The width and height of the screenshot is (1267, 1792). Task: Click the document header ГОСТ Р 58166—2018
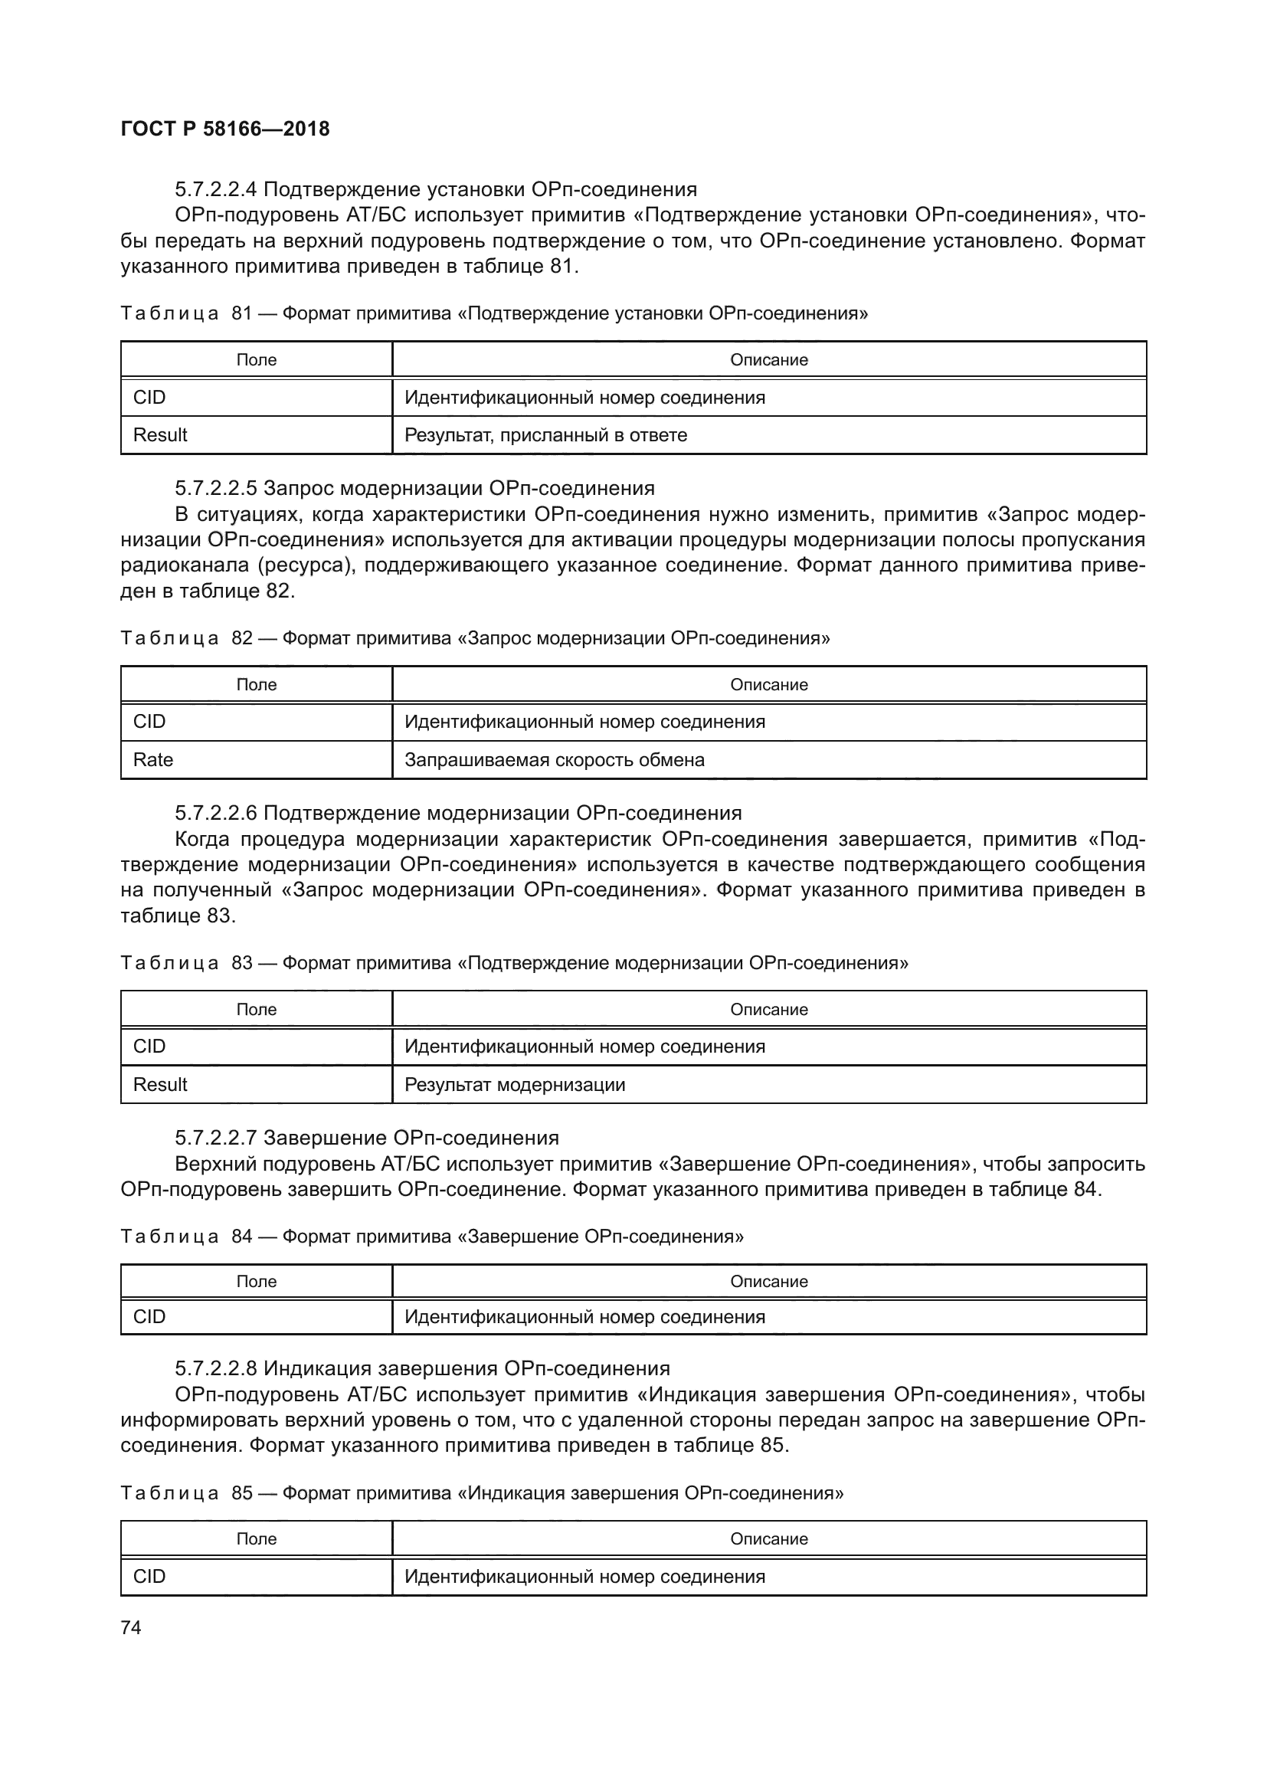point(225,129)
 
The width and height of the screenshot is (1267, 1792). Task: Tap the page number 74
point(131,1627)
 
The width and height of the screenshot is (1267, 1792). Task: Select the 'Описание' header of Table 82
point(768,684)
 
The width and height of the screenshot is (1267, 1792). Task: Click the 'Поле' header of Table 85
point(256,1538)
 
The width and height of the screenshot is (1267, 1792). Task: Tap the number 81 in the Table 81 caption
point(242,314)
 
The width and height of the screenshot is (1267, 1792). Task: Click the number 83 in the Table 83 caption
point(242,963)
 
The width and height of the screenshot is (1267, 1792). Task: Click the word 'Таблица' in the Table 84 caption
point(169,1237)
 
